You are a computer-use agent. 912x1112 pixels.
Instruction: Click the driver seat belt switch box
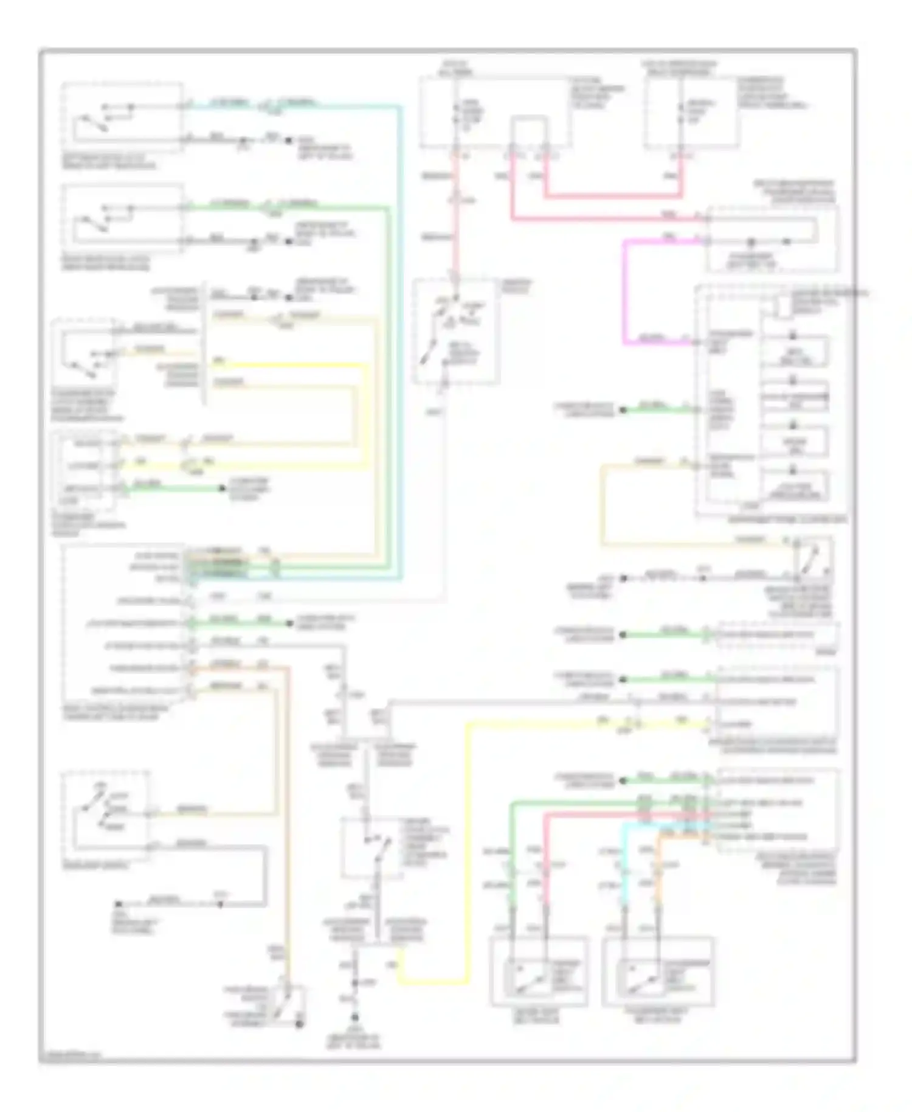point(538,971)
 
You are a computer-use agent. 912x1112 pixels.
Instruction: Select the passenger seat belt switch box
point(658,971)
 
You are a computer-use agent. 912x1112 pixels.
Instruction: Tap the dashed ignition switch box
point(456,332)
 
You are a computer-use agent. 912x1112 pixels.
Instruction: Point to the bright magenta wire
point(624,292)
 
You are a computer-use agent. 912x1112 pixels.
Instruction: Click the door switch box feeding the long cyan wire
point(122,119)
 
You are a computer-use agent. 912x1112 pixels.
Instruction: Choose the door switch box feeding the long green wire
point(122,219)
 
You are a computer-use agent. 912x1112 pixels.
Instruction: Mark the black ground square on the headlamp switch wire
point(120,905)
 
